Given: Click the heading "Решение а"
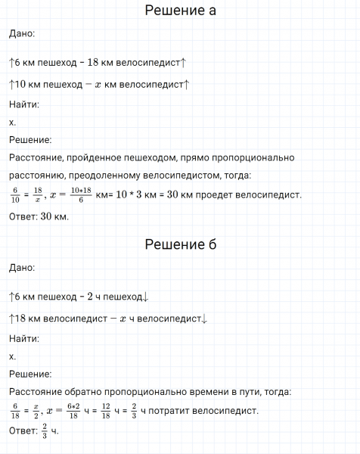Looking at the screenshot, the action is (180, 11).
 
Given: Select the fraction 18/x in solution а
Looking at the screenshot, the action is (37, 195).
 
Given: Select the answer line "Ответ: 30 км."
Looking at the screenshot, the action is (39, 217).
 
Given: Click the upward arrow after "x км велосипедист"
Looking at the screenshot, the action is (187, 85).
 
